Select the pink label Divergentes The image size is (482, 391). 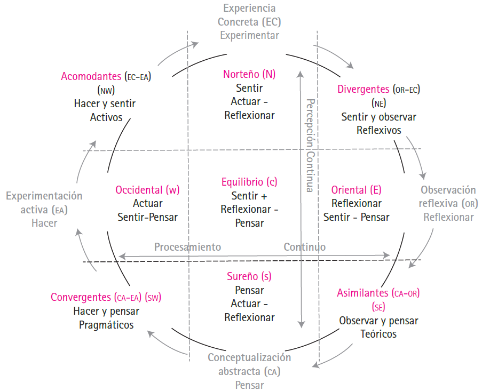tap(364, 89)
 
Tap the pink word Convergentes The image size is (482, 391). tap(81, 297)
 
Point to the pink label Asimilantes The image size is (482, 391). tap(362, 293)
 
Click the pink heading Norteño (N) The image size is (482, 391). tap(249, 74)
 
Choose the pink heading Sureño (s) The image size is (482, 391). tap(249, 277)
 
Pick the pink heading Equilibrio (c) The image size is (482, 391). tap(249, 182)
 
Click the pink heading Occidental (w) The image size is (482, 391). tap(147, 189)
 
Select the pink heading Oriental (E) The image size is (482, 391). tap(356, 189)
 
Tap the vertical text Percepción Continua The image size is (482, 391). tap(309, 144)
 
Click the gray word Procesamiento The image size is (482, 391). tap(187, 247)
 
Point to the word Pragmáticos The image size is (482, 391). tap(106, 325)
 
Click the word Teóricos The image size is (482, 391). tap(378, 334)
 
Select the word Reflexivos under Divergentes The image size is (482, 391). tap(378, 130)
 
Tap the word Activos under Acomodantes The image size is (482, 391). tap(106, 117)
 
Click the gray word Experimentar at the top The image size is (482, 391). tap(249, 36)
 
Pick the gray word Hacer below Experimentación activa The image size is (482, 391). tap(44, 223)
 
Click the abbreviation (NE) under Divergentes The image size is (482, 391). tap(378, 103)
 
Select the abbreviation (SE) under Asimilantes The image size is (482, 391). tap(378, 307)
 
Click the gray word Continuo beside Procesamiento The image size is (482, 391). tap(304, 247)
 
